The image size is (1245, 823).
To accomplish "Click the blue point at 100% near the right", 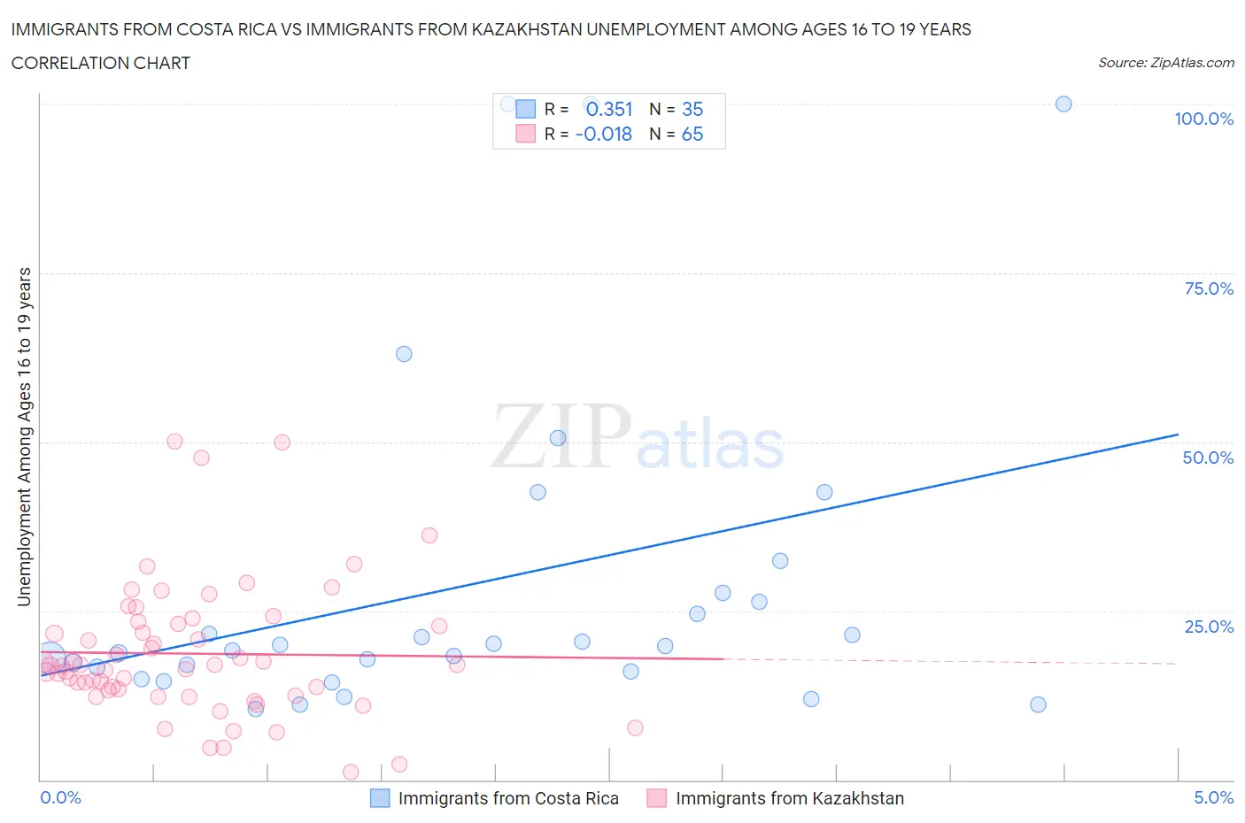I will (x=1063, y=104).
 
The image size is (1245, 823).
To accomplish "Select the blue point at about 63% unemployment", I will (x=404, y=354).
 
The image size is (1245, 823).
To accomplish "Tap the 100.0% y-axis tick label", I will (x=1203, y=119).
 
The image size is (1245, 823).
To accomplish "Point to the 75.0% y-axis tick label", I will (x=1209, y=288).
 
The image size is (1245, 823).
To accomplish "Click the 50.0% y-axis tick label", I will (x=1208, y=458).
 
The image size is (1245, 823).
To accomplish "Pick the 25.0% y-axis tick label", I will (x=1209, y=627).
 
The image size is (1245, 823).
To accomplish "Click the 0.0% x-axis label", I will (x=60, y=797).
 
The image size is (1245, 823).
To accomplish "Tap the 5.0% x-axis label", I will (x=1213, y=797).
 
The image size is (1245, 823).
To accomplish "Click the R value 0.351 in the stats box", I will (x=609, y=109).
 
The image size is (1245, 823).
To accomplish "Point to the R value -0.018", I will (x=604, y=134).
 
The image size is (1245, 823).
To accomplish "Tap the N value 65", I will (x=692, y=134).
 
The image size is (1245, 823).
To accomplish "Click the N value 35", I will (x=692, y=109).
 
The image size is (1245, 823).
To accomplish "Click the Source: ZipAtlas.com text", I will (x=1165, y=63).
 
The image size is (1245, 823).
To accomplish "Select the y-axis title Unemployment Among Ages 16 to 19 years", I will (x=25, y=436).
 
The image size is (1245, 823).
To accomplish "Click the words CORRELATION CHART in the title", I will (x=100, y=63).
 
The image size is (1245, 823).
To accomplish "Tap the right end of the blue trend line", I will (x=1178, y=435).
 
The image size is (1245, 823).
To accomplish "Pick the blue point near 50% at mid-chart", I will (x=558, y=438).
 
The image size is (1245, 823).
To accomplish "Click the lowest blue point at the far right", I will (x=1038, y=704).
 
